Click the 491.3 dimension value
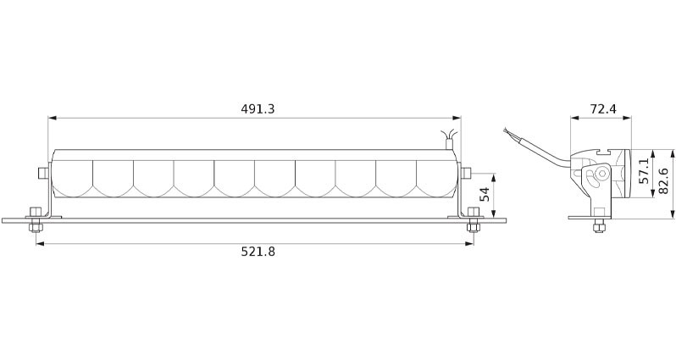258,108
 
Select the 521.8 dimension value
258,252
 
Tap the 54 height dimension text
485,194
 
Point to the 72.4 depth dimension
602,108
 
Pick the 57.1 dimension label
644,171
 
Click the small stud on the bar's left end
42,173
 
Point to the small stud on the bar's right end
467,173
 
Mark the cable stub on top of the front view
449,139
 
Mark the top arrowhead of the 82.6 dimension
672,153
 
